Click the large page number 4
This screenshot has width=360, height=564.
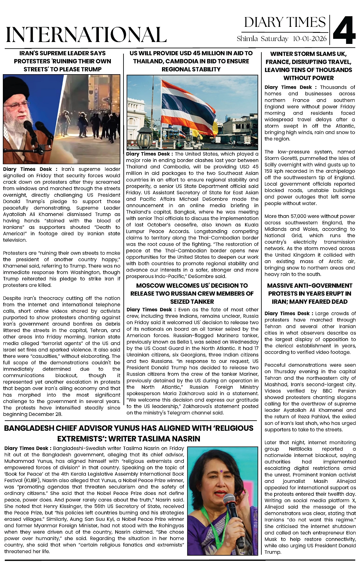point(345,30)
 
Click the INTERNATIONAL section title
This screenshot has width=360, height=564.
point(86,34)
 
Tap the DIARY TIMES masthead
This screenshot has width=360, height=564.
point(285,22)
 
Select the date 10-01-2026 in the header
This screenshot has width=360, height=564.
point(310,39)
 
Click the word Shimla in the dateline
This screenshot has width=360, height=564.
point(247,39)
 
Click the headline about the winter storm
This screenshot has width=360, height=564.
point(309,66)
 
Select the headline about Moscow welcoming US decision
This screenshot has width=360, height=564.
point(192,293)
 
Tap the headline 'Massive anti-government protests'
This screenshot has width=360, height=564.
point(309,293)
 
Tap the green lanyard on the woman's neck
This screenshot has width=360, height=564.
point(208,518)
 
